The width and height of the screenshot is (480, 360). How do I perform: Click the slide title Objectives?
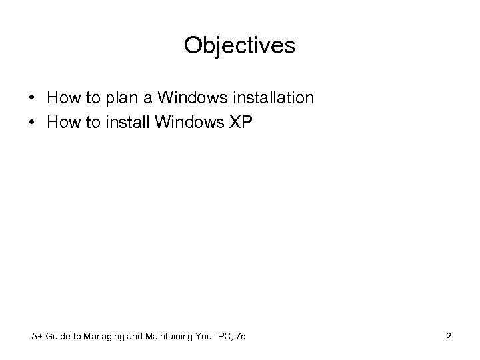click(239, 45)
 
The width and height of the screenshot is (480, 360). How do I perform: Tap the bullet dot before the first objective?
click(33, 99)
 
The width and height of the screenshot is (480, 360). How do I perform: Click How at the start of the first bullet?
click(63, 97)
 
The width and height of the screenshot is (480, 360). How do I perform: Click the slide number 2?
click(448, 337)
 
